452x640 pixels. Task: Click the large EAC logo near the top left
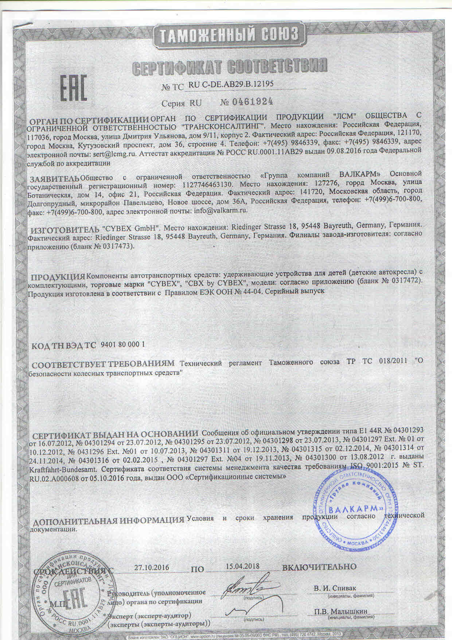pos(73,89)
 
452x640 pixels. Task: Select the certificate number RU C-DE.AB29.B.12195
pos(231,84)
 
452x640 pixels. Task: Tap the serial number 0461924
pos(251,102)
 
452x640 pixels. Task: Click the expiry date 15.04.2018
pos(242,566)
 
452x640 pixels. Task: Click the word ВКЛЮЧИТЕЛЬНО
pos(319,567)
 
